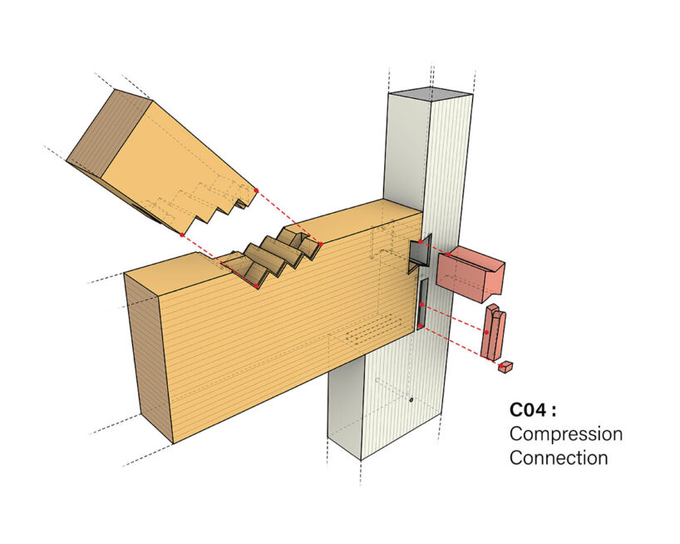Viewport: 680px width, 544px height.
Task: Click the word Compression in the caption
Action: coord(565,434)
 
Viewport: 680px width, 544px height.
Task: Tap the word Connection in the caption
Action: coord(559,457)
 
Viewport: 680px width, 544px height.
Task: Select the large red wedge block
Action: coord(471,273)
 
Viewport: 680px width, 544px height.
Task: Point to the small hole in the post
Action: coord(411,400)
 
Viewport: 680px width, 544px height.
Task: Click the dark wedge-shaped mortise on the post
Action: coord(418,254)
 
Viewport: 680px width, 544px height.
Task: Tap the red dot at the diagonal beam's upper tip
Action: coord(256,190)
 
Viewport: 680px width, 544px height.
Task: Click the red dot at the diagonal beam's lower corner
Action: coord(181,235)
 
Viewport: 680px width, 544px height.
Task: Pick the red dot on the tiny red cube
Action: coord(500,363)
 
